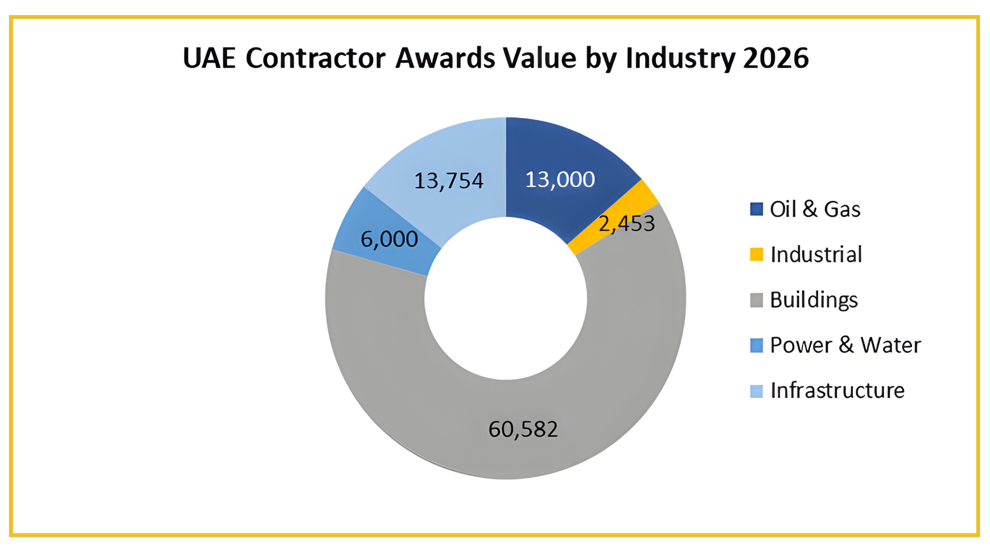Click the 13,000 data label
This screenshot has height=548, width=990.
(x=560, y=180)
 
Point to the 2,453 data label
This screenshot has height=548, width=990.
(x=627, y=224)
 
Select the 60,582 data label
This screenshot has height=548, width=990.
(x=523, y=429)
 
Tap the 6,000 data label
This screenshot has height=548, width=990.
(x=389, y=240)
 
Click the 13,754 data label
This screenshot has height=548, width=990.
(x=448, y=181)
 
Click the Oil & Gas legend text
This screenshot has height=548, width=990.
(x=815, y=210)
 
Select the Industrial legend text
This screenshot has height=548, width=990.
(x=816, y=254)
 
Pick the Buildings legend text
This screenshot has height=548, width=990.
(x=814, y=300)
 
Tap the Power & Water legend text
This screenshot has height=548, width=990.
(x=845, y=345)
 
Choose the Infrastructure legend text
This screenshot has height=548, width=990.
(x=837, y=391)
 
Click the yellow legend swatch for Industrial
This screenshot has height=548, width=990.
(x=756, y=254)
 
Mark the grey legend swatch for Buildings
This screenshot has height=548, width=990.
(x=756, y=300)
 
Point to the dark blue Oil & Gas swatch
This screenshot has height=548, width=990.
(x=756, y=210)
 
